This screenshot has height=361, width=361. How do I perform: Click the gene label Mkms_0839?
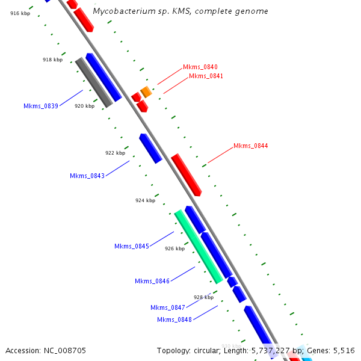pos(41,106)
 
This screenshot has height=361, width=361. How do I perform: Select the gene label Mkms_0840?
pos(200,67)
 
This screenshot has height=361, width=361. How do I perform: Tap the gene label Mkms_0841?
pos(206,76)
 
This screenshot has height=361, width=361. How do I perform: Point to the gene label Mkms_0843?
pos(87,176)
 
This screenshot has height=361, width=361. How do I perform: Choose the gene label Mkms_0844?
pos(251,146)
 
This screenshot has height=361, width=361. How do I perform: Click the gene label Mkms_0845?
pos(132,246)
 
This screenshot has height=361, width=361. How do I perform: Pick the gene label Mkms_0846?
pos(152,281)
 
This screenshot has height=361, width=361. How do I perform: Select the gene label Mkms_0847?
pos(168,307)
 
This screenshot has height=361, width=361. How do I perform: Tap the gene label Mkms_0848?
pos(174,319)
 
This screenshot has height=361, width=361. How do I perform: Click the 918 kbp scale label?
pos(52,60)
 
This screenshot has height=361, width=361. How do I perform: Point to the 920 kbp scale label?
pos(84,106)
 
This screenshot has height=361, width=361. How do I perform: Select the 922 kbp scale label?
pos(115,153)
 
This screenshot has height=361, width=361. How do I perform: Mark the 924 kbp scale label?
pos(145,200)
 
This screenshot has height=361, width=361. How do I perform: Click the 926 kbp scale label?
pos(174,248)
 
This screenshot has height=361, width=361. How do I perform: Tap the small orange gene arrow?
pos(146,92)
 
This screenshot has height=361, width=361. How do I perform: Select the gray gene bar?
pos(94,82)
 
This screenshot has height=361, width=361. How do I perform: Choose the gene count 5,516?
pos(344,350)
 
